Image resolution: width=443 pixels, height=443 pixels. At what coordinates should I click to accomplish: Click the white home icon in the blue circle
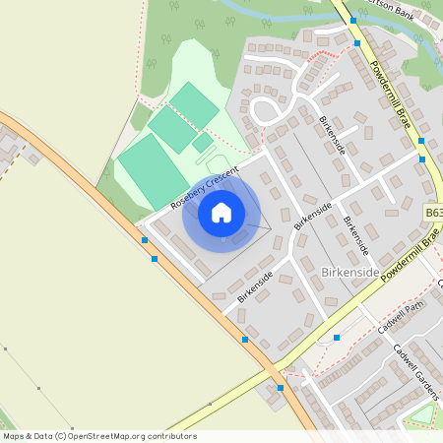(221, 212)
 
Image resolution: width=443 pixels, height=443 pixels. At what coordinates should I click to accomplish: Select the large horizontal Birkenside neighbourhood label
(350, 271)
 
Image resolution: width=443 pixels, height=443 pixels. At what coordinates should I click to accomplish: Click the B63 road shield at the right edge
(433, 212)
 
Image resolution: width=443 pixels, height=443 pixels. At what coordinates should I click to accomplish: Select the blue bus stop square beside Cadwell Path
(337, 338)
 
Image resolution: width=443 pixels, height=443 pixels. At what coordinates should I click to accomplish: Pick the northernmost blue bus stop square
(354, 19)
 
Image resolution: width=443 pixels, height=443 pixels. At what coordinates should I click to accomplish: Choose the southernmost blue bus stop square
(281, 388)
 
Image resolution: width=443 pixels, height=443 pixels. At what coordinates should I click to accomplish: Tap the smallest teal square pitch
(202, 143)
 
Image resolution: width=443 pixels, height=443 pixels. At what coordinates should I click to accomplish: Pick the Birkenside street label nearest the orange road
(254, 285)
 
